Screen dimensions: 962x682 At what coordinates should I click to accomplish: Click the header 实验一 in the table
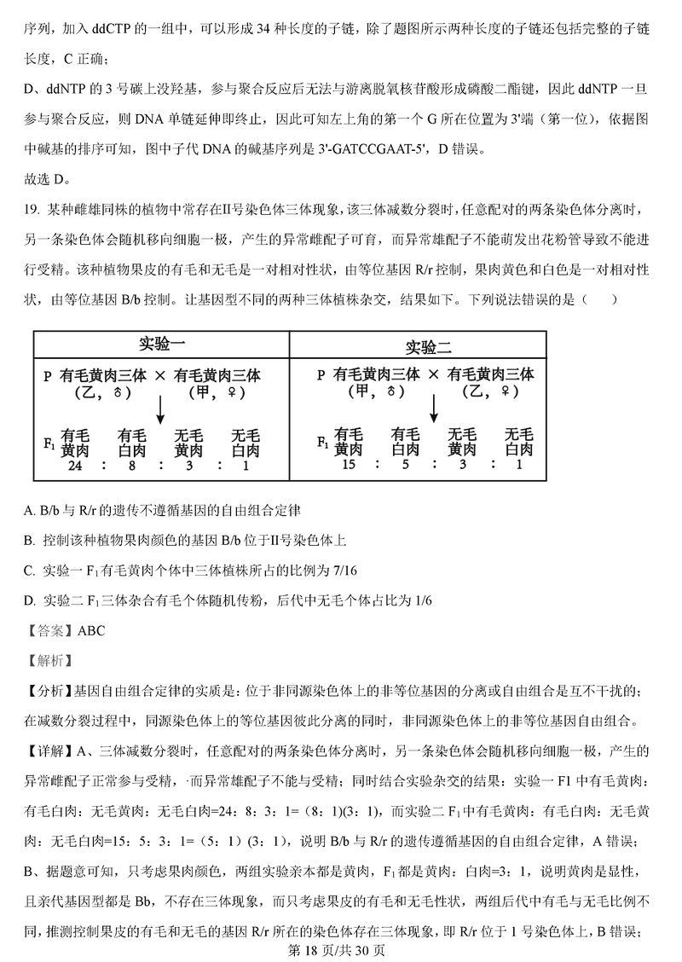(x=162, y=345)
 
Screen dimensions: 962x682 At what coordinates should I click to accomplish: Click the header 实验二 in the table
(x=428, y=346)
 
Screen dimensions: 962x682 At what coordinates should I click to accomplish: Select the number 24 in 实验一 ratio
(x=75, y=466)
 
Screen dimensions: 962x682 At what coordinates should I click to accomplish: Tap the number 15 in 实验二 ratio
(x=347, y=465)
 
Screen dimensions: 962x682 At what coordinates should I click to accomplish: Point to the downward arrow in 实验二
(x=433, y=408)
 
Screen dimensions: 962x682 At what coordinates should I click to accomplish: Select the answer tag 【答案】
(x=49, y=631)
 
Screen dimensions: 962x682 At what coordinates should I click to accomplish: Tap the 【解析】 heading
(x=49, y=661)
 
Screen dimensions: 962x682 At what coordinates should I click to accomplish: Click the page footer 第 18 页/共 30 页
(x=340, y=949)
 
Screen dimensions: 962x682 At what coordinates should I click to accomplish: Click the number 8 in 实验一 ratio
(x=130, y=466)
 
